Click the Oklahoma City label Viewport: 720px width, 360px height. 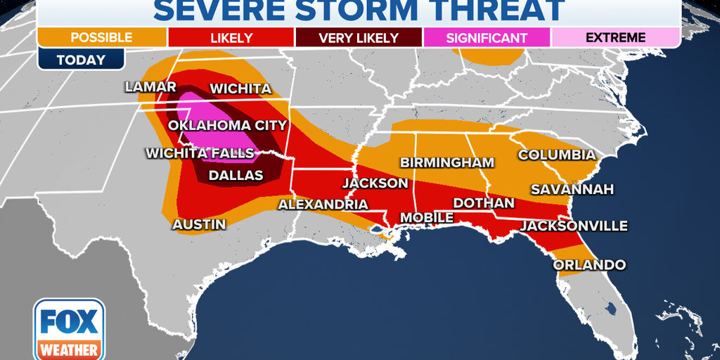[227, 126]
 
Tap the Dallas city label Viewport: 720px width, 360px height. [235, 176]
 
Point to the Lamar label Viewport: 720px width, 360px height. [150, 87]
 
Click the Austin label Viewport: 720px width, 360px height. [200, 225]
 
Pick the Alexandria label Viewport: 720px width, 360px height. [323, 205]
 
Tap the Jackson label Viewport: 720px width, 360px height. [375, 184]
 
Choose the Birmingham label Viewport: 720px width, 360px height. [447, 162]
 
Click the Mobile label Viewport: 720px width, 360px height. [427, 218]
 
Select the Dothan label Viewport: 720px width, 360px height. [484, 203]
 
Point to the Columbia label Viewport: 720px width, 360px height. [557, 155]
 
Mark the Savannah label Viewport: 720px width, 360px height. [572, 189]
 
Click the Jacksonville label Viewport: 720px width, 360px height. [574, 226]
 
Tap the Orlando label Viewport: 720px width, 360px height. [589, 265]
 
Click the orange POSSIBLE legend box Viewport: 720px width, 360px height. [102, 37]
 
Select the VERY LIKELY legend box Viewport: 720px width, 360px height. [358, 37]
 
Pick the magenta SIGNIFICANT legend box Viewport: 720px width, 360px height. [486, 37]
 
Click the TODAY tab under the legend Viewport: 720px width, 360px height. [81, 60]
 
